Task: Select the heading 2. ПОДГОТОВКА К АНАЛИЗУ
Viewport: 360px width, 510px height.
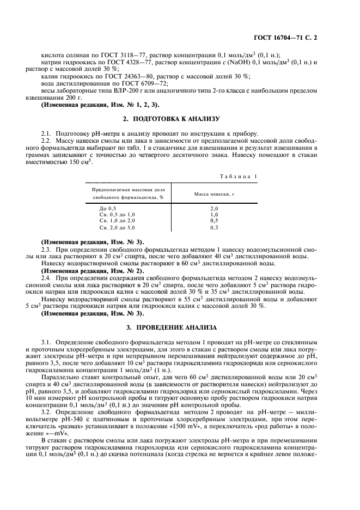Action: click(x=179, y=118)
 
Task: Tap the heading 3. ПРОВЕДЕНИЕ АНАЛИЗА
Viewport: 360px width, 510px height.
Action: click(x=179, y=327)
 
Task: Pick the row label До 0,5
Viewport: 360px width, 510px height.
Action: click(x=107, y=209)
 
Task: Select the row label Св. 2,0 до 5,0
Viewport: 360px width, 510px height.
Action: click(x=116, y=228)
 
